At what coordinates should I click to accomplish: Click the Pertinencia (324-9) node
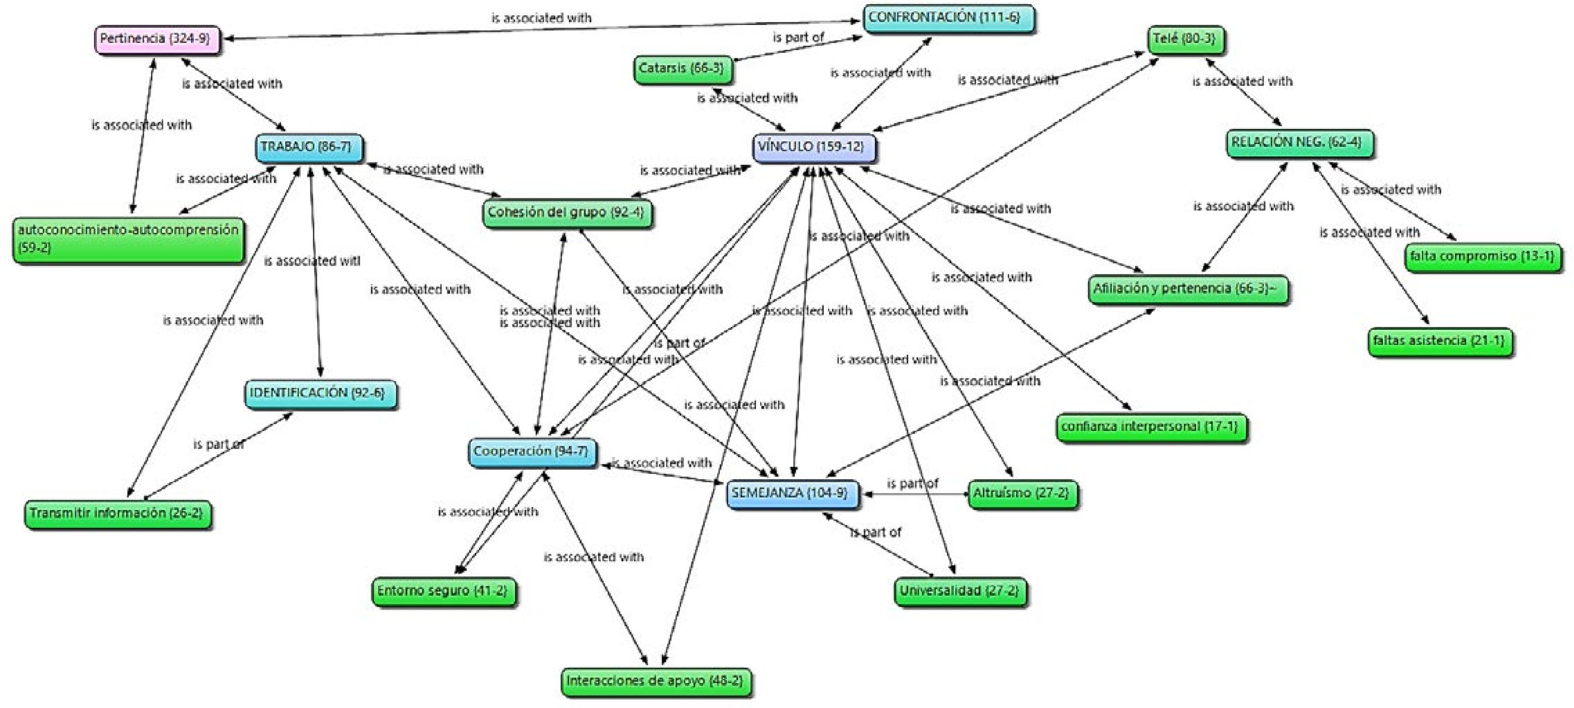(157, 39)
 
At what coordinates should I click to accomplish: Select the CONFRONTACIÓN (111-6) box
(948, 18)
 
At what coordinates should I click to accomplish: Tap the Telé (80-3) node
(1185, 40)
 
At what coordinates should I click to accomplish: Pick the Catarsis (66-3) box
(683, 68)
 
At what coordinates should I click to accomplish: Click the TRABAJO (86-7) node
(308, 147)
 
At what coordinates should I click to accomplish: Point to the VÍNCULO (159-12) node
(813, 147)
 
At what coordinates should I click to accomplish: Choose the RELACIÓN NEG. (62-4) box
(1299, 143)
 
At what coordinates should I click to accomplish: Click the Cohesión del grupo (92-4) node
(567, 213)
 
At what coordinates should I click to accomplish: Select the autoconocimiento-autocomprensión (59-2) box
(128, 239)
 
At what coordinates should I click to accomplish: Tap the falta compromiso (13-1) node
(1482, 256)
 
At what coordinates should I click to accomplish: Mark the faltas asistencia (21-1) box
(1439, 341)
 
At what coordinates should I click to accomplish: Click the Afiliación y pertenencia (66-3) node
(1187, 289)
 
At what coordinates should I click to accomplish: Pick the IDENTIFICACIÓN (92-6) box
(319, 393)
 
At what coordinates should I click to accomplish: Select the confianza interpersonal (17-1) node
(1151, 427)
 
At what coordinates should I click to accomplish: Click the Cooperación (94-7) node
(532, 452)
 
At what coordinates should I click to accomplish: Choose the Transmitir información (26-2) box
(117, 514)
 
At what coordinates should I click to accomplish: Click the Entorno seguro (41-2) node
(444, 591)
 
